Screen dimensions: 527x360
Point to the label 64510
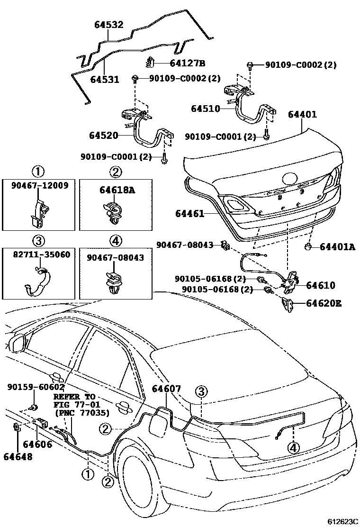coord(206,109)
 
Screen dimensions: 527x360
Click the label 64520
coord(103,136)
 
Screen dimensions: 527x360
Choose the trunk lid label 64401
coord(302,114)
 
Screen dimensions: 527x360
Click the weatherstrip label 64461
coord(190,214)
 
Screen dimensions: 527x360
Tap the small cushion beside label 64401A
coord(307,246)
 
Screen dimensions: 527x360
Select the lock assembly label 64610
coord(320,285)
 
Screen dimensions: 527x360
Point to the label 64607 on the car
coord(166,389)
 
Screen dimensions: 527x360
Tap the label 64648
coord(18,456)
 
